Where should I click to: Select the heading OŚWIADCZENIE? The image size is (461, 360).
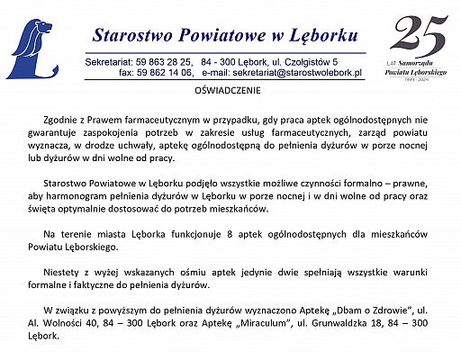[230, 93]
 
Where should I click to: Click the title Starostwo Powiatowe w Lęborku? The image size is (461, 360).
[225, 35]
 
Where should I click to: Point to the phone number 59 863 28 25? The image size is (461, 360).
[164, 60]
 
